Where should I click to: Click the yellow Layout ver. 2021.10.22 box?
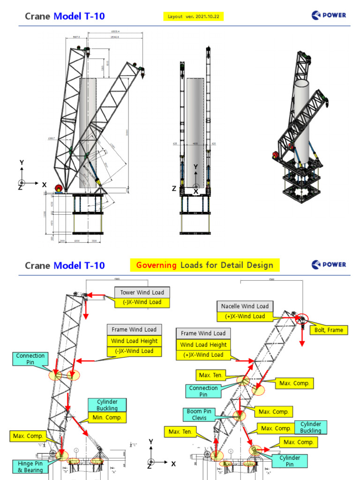pos(194,16)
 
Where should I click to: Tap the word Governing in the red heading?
pos(156,265)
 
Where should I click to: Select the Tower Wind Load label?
pos(142,292)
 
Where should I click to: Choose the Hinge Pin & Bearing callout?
pos(30,466)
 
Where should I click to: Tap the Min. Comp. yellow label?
pos(107,417)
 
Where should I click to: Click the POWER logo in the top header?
pos(329,15)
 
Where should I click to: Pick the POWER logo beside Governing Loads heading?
pos(329,265)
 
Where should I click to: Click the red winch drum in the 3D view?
pos(276,155)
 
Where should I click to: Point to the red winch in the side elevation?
pos(59,188)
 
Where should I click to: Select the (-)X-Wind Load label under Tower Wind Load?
pos(142,302)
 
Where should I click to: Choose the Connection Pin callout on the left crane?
pos(30,359)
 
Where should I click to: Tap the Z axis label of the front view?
pos(174,188)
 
